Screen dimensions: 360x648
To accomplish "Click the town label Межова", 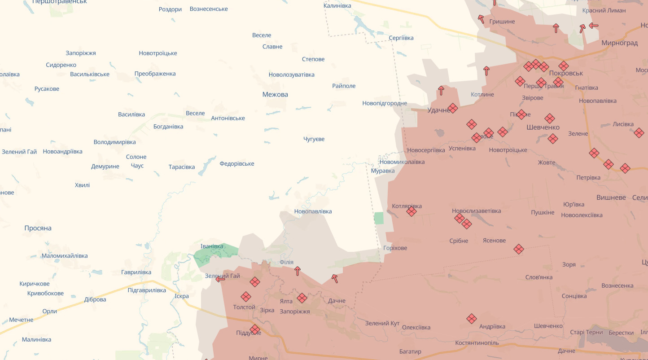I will click(x=275, y=94).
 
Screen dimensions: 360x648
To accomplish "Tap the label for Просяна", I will click(x=38, y=228).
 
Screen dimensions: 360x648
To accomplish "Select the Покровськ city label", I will click(x=565, y=73).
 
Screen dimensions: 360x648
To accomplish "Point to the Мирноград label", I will click(x=619, y=43).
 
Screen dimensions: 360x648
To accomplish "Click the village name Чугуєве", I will click(x=314, y=139).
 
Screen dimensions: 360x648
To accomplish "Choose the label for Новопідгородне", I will click(x=385, y=103).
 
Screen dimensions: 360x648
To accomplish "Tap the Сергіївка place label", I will click(x=401, y=38).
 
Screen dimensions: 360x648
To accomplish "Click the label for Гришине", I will click(x=502, y=22).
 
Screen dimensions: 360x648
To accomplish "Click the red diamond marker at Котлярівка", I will click(x=412, y=211).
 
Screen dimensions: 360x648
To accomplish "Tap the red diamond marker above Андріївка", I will click(x=471, y=319).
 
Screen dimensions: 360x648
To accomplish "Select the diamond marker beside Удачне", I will click(x=453, y=108).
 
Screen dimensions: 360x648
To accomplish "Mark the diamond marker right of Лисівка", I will click(x=639, y=133).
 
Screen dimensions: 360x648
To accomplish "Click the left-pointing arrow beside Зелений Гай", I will click(x=220, y=279).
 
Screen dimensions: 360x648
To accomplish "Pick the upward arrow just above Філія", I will click(x=297, y=271).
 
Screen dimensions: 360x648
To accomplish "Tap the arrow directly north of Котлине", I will click(x=486, y=70).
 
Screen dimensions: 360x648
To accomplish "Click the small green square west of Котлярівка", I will click(x=379, y=218).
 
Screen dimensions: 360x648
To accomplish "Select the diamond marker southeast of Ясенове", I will click(x=519, y=249).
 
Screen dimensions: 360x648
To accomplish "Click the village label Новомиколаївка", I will click(x=402, y=162).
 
